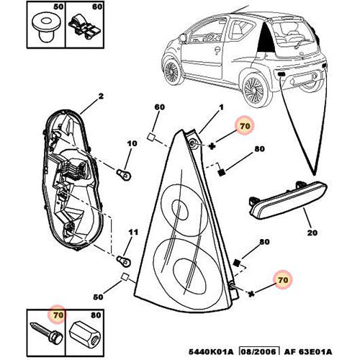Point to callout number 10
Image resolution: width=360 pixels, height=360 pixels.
coord(131,143)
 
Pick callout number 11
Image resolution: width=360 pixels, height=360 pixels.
coord(131,232)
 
